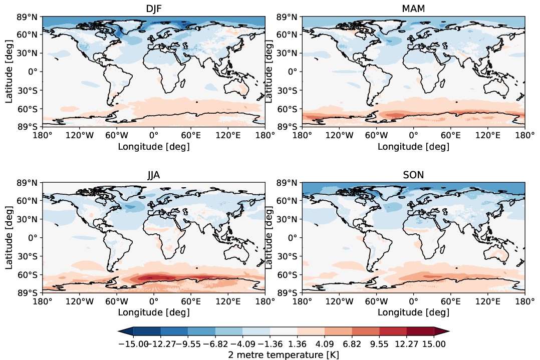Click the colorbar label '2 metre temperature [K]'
284,354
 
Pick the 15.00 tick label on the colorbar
434,344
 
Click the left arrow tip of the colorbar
119,331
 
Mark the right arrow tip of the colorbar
448,331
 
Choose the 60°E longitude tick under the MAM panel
450,135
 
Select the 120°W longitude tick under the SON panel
339,301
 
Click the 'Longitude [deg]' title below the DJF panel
153,146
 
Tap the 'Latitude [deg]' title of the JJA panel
9,238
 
